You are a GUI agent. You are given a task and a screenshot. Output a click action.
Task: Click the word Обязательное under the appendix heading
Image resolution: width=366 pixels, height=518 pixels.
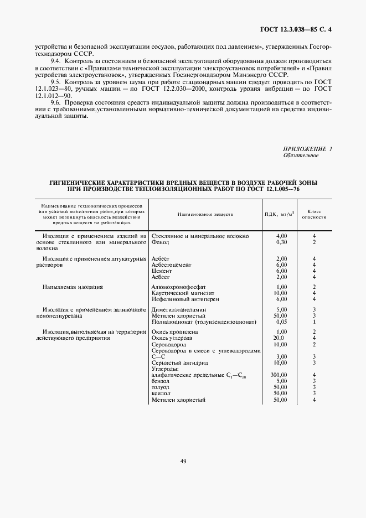[301, 156]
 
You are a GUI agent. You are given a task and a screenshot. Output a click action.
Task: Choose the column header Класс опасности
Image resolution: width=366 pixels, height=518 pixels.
[314, 214]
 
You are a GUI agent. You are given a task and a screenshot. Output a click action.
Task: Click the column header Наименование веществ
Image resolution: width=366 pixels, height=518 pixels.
[205, 214]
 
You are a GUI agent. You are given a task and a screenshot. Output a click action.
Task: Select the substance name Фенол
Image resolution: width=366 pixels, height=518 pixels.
[160, 242]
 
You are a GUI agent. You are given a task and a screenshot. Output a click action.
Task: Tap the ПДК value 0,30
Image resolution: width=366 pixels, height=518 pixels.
[281, 242]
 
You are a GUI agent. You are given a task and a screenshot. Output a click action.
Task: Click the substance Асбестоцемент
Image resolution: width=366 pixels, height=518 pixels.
[171, 265]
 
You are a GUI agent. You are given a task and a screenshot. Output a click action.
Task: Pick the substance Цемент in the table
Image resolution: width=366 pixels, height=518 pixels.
[162, 271]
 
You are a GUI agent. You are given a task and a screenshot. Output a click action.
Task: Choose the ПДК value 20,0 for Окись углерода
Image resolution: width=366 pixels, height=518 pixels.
[279, 337]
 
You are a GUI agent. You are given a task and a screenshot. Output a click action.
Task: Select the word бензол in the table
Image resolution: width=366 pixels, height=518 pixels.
[160, 381]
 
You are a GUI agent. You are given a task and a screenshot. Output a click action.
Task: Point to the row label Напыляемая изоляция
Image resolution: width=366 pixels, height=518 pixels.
[73, 287]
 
